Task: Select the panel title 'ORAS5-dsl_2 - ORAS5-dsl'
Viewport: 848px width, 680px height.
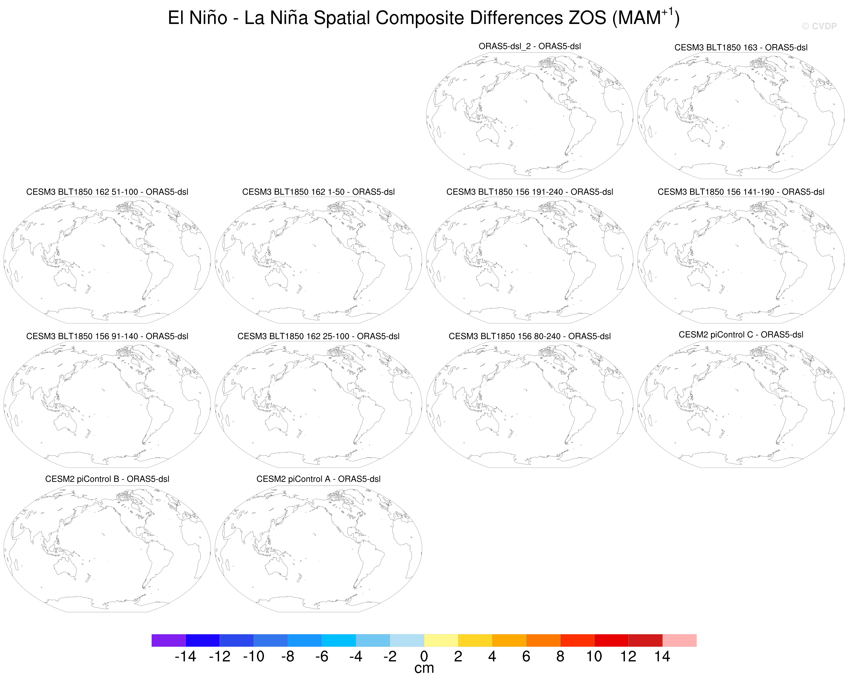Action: [x=529, y=46]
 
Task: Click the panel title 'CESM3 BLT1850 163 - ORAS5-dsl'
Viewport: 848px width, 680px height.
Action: [x=741, y=48]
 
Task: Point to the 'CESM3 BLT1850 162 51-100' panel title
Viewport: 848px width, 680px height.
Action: [x=107, y=192]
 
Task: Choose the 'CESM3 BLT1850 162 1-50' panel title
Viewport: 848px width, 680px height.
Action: [x=318, y=192]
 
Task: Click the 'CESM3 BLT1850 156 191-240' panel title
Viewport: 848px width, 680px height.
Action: [x=529, y=192]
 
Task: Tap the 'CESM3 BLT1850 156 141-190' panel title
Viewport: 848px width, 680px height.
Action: [x=741, y=192]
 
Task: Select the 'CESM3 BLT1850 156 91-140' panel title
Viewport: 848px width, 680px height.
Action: [x=107, y=336]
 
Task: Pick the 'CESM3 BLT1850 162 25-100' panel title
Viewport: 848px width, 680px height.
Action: [x=318, y=336]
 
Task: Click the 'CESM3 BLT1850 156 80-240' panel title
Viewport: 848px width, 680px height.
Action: [x=529, y=336]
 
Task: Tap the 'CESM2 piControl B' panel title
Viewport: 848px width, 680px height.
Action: [x=107, y=479]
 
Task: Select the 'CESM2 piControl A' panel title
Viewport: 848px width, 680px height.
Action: [x=318, y=479]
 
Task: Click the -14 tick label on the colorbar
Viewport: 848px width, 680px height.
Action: [x=185, y=656]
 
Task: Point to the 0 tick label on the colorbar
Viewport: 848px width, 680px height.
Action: [x=424, y=656]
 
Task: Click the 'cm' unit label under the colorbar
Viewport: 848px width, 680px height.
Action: [x=424, y=668]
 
